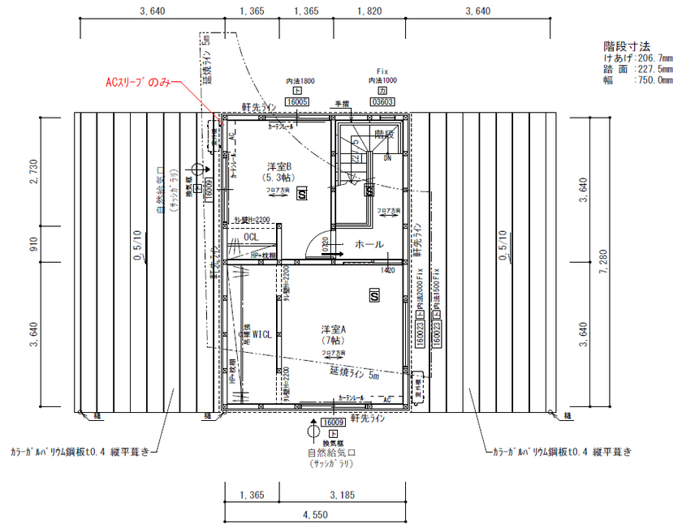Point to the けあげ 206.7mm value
(x=637, y=58)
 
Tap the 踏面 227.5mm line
(x=637, y=69)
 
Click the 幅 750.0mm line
(x=637, y=80)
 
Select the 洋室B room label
(x=278, y=166)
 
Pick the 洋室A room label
(x=333, y=329)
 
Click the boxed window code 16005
(x=297, y=102)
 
